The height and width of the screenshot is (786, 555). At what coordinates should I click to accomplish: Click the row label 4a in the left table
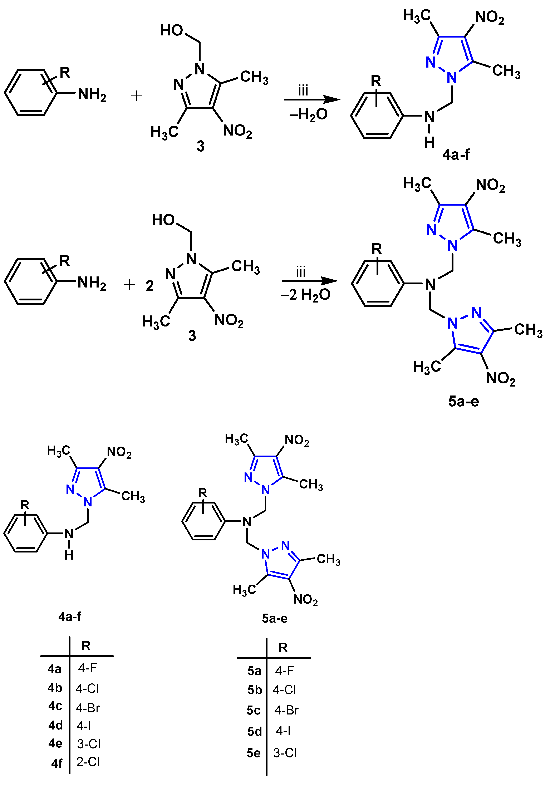point(54,669)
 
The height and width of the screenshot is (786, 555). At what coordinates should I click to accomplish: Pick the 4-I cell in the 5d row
point(284,731)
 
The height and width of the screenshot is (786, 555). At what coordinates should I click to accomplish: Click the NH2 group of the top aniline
point(92,94)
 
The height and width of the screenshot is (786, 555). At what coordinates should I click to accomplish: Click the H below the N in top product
point(429,142)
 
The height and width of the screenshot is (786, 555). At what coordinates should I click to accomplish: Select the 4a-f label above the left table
point(69,616)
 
